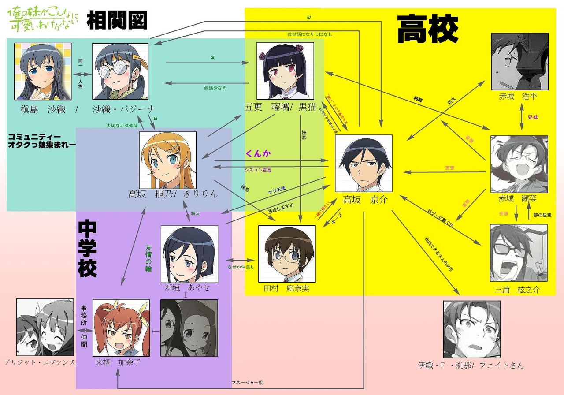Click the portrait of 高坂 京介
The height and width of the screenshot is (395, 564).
(x=364, y=163)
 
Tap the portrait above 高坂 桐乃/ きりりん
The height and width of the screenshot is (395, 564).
(x=167, y=160)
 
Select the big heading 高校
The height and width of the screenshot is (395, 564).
(x=427, y=29)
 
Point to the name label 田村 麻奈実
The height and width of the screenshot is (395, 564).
(x=286, y=288)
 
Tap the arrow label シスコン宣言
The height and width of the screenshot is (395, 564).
(x=258, y=169)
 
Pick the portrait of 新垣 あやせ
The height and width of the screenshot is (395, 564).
(x=189, y=254)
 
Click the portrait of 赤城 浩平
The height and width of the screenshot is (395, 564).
(x=519, y=61)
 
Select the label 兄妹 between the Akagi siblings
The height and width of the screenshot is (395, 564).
(x=533, y=118)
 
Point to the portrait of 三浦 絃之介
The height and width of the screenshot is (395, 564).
(x=519, y=253)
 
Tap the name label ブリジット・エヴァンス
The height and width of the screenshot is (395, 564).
(x=40, y=362)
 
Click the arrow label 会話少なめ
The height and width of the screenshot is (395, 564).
(x=215, y=88)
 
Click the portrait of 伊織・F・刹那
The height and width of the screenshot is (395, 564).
(x=471, y=329)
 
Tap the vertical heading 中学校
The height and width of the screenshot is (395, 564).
(x=87, y=249)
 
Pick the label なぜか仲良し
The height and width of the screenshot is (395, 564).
(x=241, y=267)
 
